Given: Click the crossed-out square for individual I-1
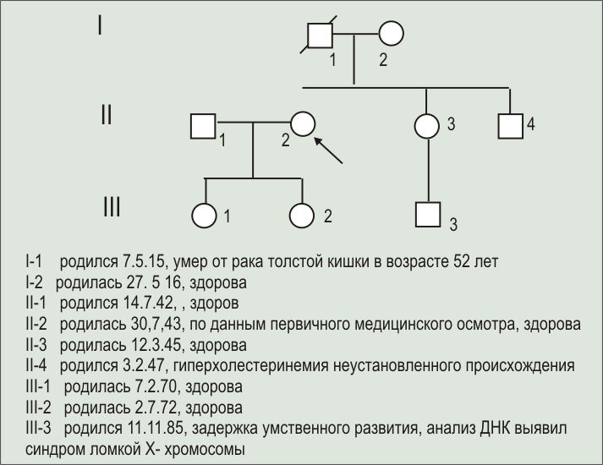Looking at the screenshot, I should (x=320, y=35).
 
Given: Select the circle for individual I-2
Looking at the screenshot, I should (x=390, y=35).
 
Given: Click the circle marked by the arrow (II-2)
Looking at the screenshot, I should (x=303, y=124).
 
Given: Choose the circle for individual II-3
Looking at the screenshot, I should (x=427, y=125).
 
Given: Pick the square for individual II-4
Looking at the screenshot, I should (x=510, y=125).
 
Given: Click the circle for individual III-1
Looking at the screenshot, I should (x=205, y=215).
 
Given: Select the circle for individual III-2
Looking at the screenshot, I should (x=302, y=215).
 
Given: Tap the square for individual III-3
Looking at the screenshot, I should (x=428, y=215).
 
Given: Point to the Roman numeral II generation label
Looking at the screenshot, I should (x=106, y=114).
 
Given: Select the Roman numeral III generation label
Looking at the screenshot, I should (x=111, y=205).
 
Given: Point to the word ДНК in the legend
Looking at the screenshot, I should (x=460, y=429).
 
